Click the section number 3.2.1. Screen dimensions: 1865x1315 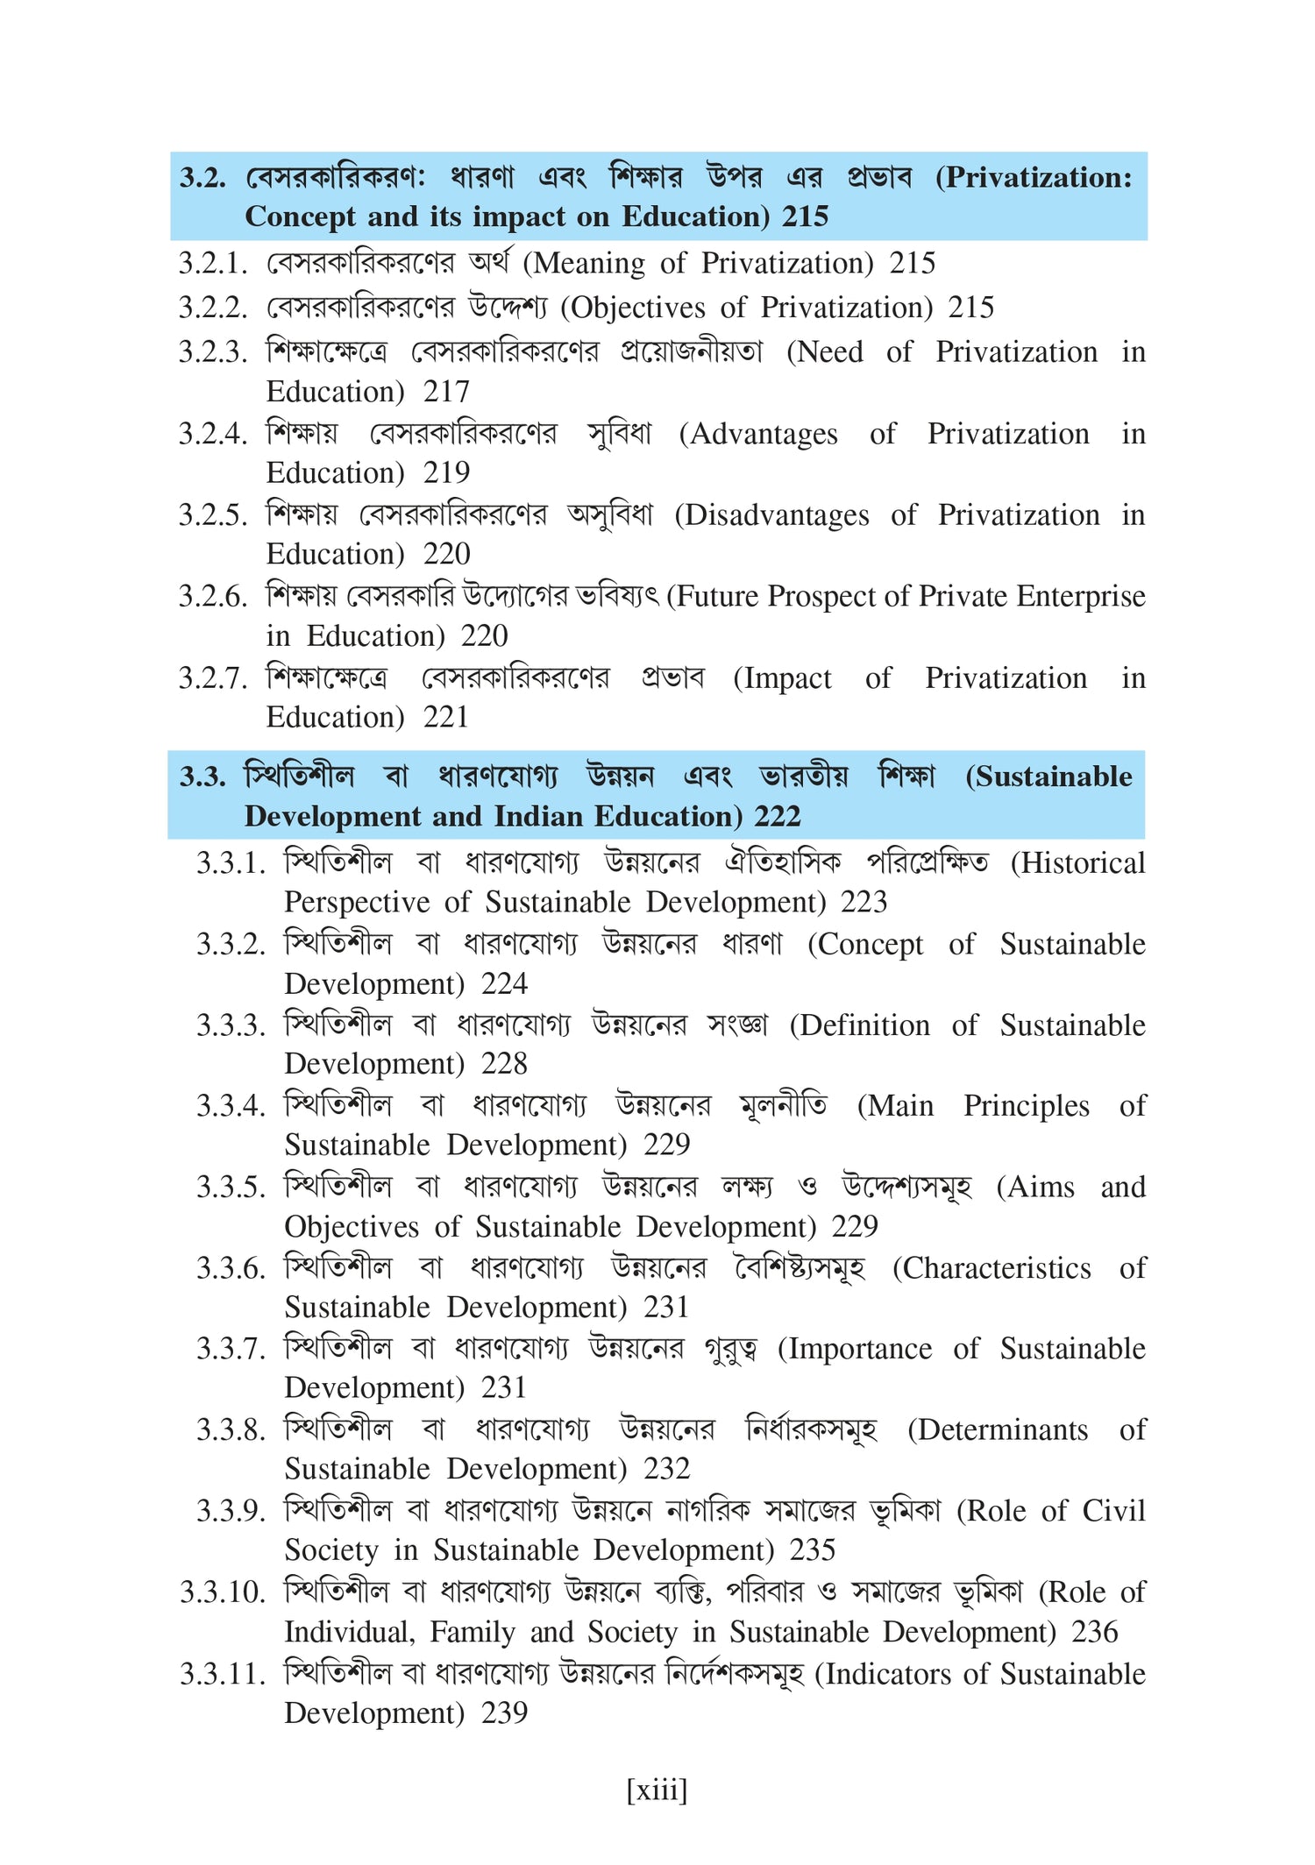pos(213,263)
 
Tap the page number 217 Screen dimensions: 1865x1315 pos(446,391)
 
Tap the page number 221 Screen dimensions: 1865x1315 pos(446,717)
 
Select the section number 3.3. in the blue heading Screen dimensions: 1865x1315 pos(203,776)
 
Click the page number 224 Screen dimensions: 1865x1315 pos(505,983)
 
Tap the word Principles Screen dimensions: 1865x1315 pos(1027,1106)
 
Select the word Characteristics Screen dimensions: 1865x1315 pos(998,1268)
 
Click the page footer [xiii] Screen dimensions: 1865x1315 pos(657,1790)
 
